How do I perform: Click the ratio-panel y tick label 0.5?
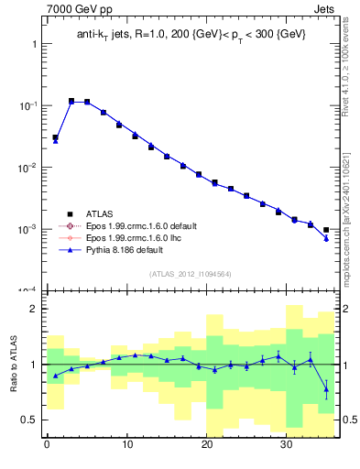28,420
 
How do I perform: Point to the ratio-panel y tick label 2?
32,310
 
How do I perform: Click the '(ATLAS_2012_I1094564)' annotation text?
191,273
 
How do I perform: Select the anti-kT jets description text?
191,35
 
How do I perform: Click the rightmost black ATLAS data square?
326,230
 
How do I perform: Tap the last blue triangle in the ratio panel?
326,389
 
